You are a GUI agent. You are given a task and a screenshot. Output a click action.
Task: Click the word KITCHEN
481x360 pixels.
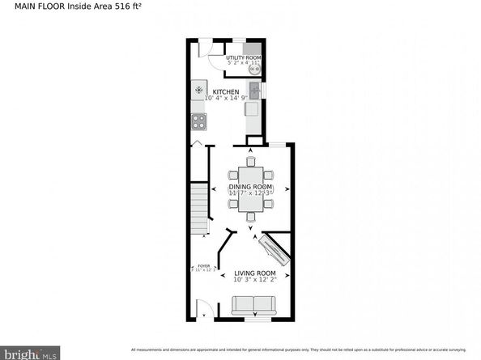[225, 91]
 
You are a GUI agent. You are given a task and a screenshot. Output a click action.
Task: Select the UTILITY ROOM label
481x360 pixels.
[243, 58]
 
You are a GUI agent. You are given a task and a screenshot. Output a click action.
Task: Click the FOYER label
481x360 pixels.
[203, 265]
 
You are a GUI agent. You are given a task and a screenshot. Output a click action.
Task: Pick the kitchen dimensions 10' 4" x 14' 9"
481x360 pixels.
[226, 99]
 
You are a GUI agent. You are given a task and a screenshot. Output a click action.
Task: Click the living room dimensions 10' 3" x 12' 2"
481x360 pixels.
[255, 281]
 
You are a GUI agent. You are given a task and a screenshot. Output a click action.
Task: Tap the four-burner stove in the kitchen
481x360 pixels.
[199, 121]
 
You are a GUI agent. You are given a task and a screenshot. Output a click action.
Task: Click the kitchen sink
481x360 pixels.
[253, 91]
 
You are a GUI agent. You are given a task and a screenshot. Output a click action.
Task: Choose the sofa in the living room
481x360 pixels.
[253, 306]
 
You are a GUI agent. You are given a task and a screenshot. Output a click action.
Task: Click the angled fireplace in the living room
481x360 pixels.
[275, 251]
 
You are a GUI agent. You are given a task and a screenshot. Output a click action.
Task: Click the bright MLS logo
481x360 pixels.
[30, 353]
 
